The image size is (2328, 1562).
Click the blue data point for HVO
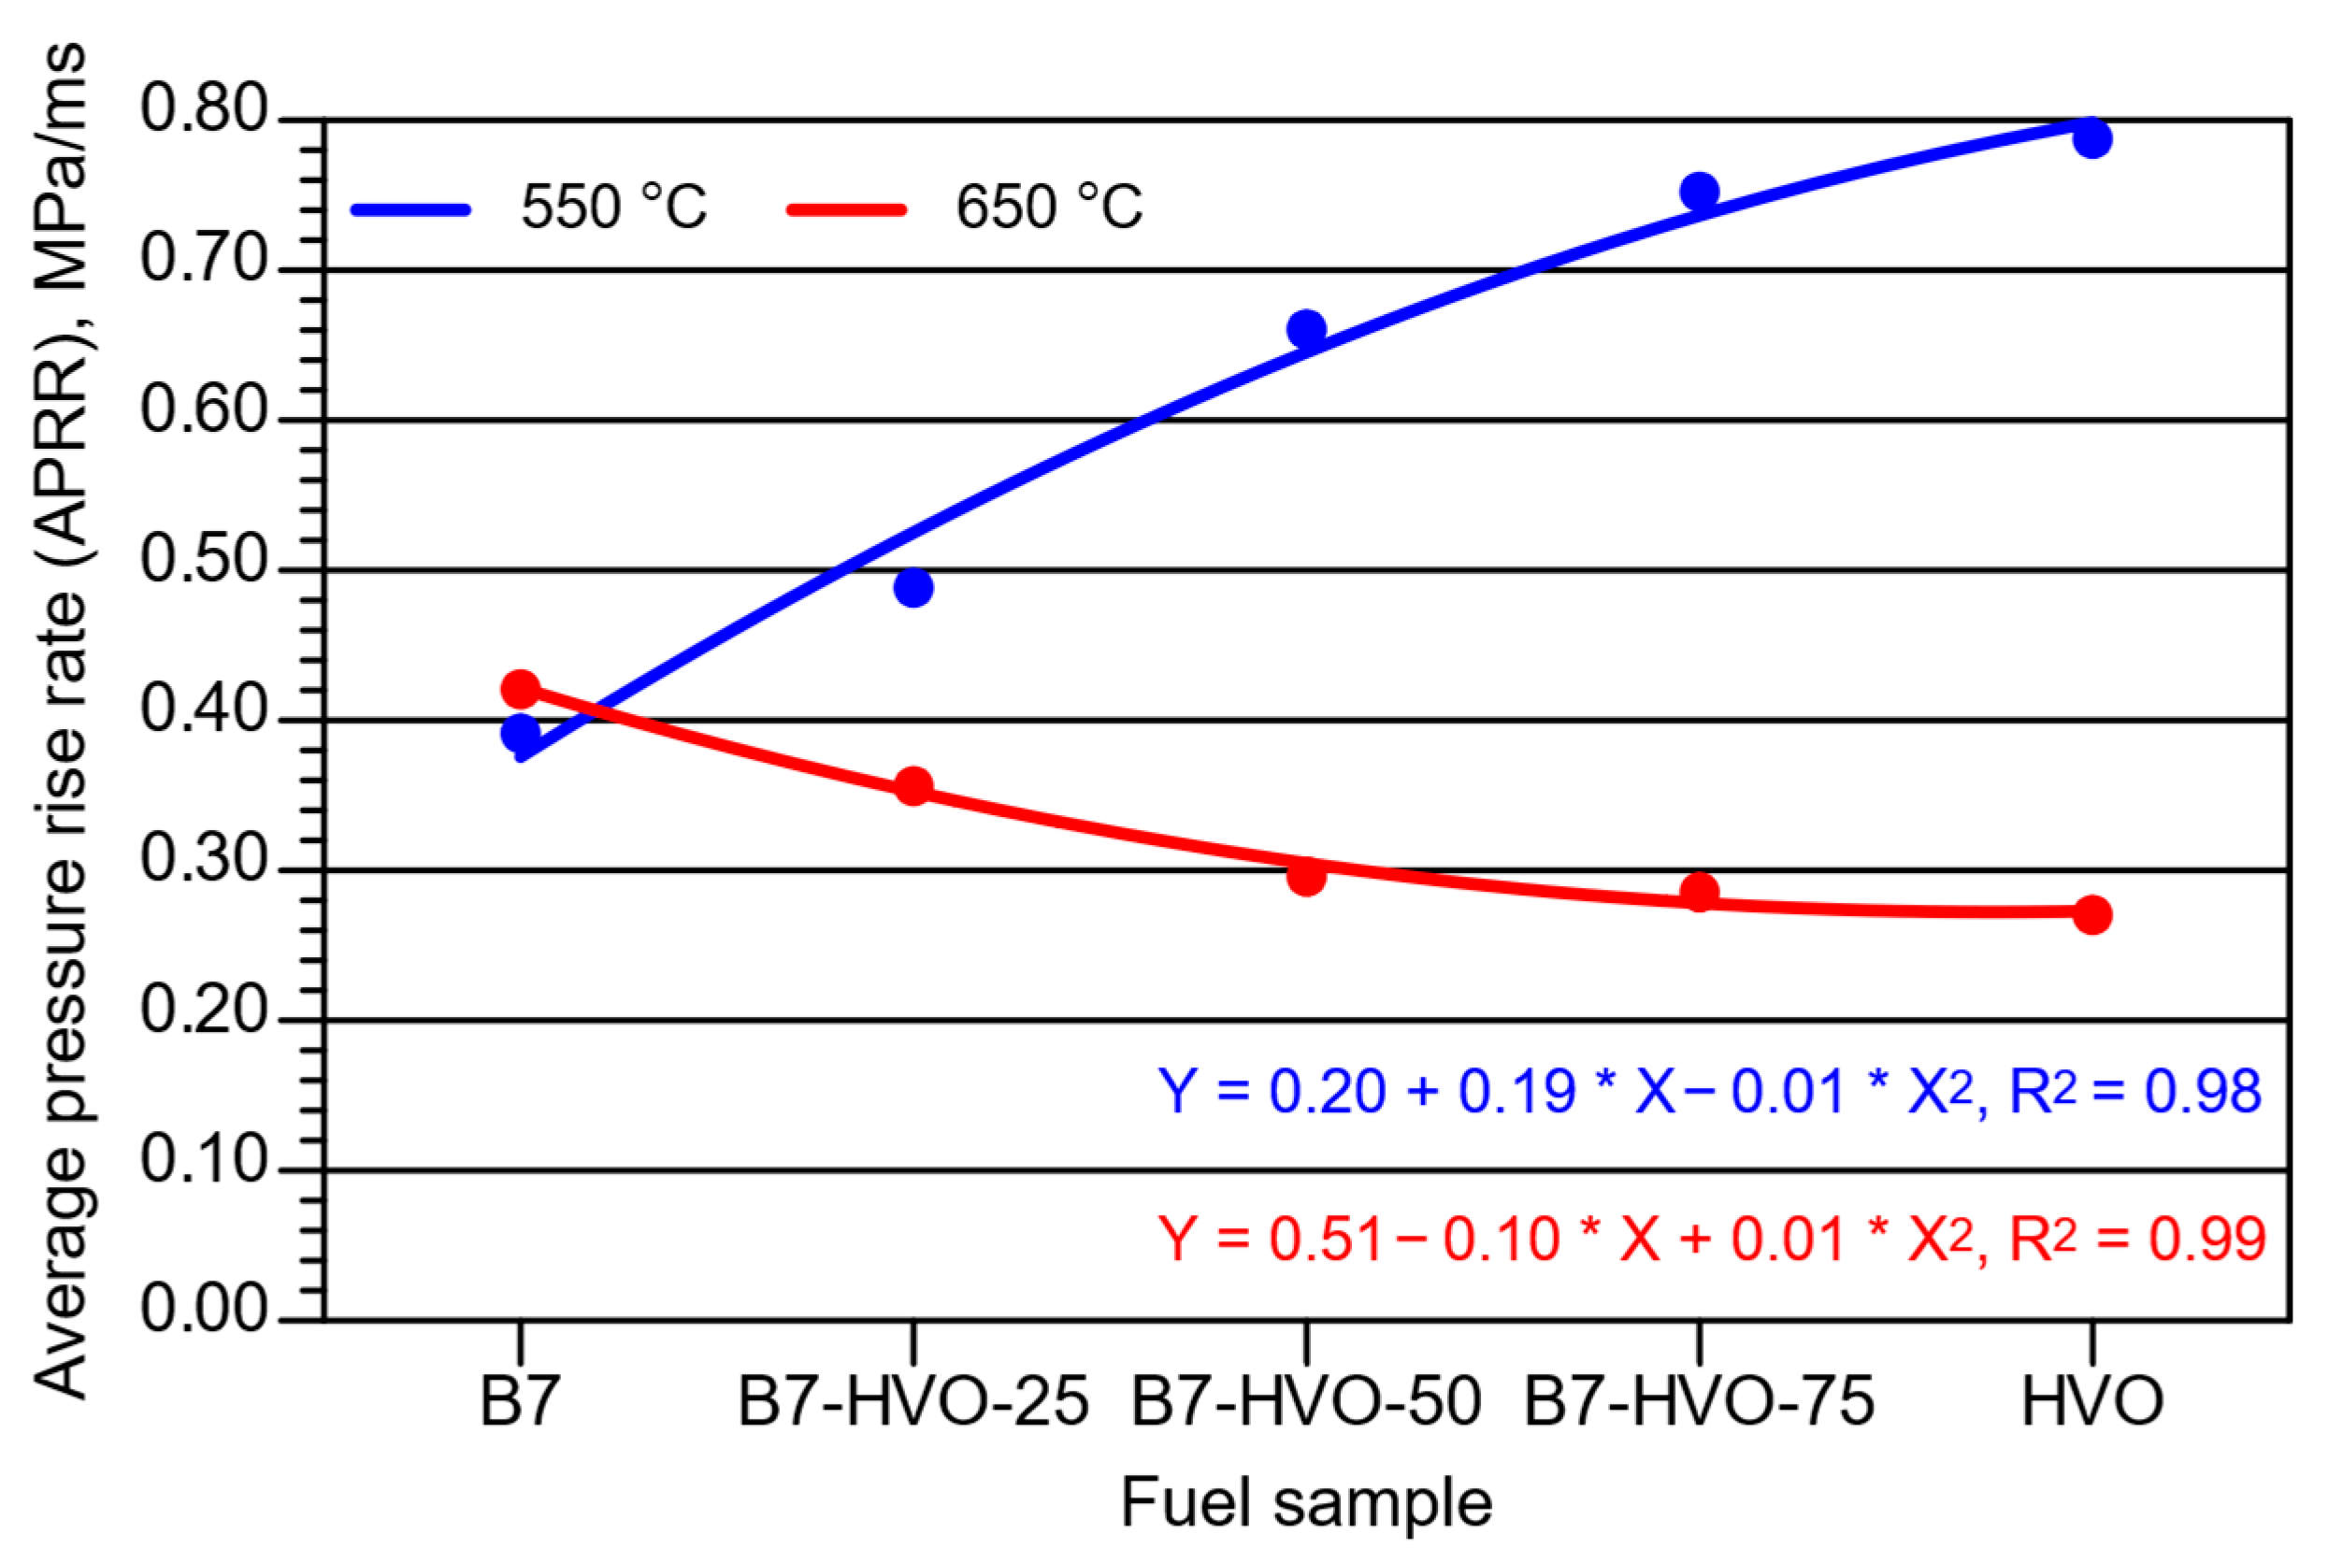pos(2091,138)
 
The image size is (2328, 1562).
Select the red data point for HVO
pos(2091,914)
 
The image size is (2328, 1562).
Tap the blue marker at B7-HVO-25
pos(913,587)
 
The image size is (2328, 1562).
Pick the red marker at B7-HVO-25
pos(913,787)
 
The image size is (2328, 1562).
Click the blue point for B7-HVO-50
pos(1306,330)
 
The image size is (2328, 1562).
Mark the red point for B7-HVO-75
pos(1699,892)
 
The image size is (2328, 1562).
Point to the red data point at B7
pos(520,688)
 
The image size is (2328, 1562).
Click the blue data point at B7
pos(520,734)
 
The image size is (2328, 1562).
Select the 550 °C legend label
pos(612,208)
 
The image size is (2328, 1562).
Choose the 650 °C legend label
pos(1048,208)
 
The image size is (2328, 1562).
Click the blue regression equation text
pos(1708,1092)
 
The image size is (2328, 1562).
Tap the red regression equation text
pos(1708,1240)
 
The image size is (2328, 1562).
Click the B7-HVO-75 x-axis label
pos(1699,1401)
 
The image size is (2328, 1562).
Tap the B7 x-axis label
pos(520,1401)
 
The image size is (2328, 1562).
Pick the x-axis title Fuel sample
pos(1306,1502)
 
